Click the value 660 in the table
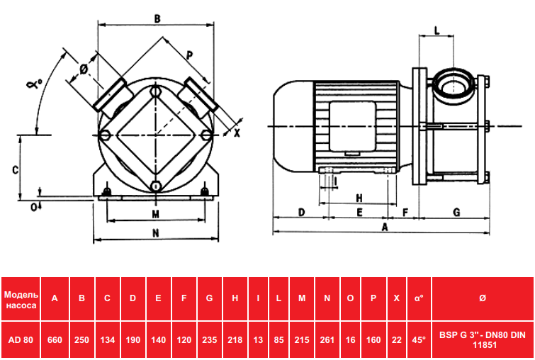(x=55, y=340)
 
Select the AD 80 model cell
(x=21, y=340)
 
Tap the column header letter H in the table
(x=235, y=298)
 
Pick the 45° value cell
(x=419, y=340)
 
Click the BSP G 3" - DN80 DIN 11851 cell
(x=483, y=340)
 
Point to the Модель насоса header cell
(x=21, y=298)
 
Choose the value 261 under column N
(x=327, y=340)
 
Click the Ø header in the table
(x=482, y=298)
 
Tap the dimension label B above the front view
(x=157, y=18)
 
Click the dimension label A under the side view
(x=385, y=227)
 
